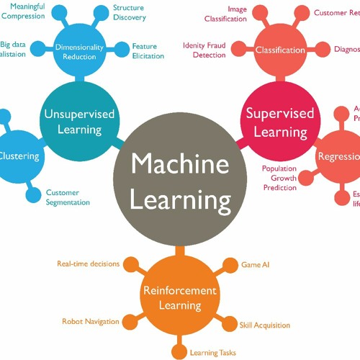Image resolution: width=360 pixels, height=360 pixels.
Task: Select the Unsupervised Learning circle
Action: tap(73, 122)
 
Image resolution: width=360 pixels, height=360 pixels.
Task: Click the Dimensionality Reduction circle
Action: tap(79, 51)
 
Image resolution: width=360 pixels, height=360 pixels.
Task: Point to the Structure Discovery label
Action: tap(129, 12)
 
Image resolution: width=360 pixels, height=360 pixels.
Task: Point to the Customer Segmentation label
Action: tap(68, 197)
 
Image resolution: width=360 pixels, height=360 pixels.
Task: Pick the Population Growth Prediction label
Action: tap(279, 178)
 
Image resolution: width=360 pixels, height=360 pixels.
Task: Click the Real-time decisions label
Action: tap(88, 264)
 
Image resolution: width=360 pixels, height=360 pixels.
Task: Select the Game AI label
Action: tap(256, 265)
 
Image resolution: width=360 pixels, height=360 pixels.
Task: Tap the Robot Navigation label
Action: tap(91, 322)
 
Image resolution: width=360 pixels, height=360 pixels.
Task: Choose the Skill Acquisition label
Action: tap(265, 325)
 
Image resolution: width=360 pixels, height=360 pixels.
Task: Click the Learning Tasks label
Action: tap(212, 353)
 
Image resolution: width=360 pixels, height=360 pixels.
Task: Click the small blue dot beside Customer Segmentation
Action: tap(32, 194)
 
